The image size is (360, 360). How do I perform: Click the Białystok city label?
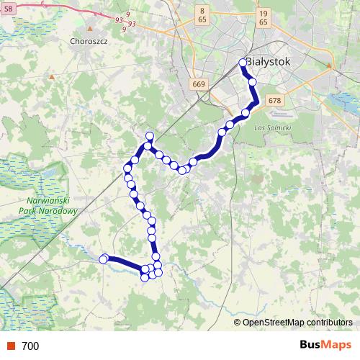point(269,62)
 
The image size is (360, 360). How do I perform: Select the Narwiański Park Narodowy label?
point(50,207)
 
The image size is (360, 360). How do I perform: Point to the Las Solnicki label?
point(272,127)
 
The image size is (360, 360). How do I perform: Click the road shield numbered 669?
point(200,85)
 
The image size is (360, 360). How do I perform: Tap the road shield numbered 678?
point(274,101)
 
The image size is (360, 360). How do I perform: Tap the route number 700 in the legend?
point(30,346)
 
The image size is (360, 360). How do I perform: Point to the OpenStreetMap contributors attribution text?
point(297,322)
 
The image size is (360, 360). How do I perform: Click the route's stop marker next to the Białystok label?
point(243,63)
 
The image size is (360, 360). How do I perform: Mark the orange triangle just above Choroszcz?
point(89,30)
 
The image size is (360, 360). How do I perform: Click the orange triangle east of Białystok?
point(329,66)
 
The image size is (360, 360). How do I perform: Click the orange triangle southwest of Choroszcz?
point(52,75)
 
